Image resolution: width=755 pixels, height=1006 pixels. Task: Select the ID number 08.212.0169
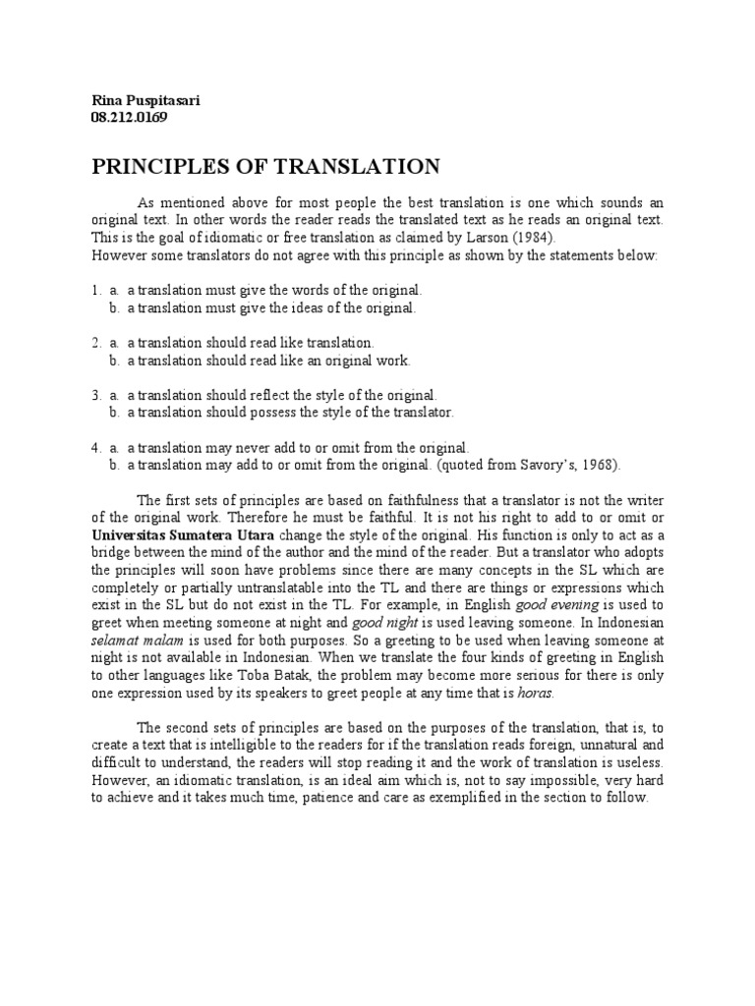click(x=129, y=118)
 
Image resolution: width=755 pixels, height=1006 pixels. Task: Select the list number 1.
click(x=95, y=291)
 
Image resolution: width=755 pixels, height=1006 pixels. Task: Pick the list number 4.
click(x=95, y=447)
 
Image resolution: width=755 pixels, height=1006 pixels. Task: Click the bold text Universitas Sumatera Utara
click(x=184, y=536)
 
